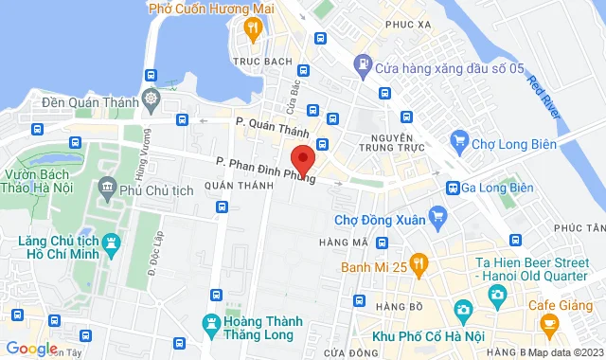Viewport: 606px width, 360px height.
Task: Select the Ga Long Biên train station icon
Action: [454, 188]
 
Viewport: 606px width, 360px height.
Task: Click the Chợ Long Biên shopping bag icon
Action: [459, 143]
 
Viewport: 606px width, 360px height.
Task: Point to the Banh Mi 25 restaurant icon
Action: [421, 266]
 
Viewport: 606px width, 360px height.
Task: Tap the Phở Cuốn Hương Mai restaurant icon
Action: [252, 28]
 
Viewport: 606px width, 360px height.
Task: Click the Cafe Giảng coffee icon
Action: [547, 323]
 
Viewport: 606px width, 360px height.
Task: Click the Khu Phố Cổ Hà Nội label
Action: [425, 338]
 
